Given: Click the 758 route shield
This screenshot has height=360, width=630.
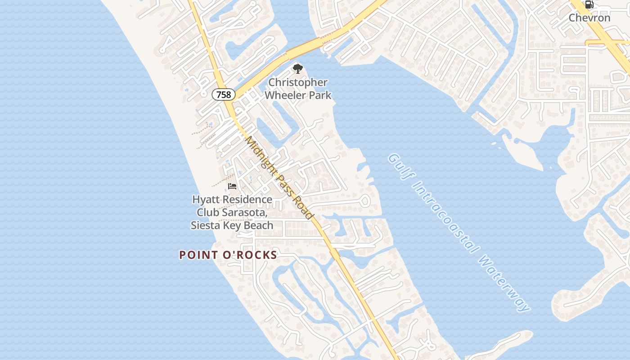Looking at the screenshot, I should click(223, 94).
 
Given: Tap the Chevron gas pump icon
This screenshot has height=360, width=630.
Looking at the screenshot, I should click(589, 5).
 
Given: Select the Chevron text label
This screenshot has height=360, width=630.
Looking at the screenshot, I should click(589, 18).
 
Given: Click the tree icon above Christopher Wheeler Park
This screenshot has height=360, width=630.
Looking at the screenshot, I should click(297, 69).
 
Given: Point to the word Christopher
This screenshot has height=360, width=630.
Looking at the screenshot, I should click(298, 83).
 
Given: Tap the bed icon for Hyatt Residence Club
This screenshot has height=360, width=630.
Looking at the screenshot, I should click(232, 186).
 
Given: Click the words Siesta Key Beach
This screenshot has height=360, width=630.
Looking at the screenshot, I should click(232, 225).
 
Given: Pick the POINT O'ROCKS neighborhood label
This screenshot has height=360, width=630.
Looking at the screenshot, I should click(228, 255).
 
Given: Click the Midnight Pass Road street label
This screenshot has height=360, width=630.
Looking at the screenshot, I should click(279, 178).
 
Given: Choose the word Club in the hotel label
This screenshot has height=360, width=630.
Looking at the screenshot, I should click(210, 212).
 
